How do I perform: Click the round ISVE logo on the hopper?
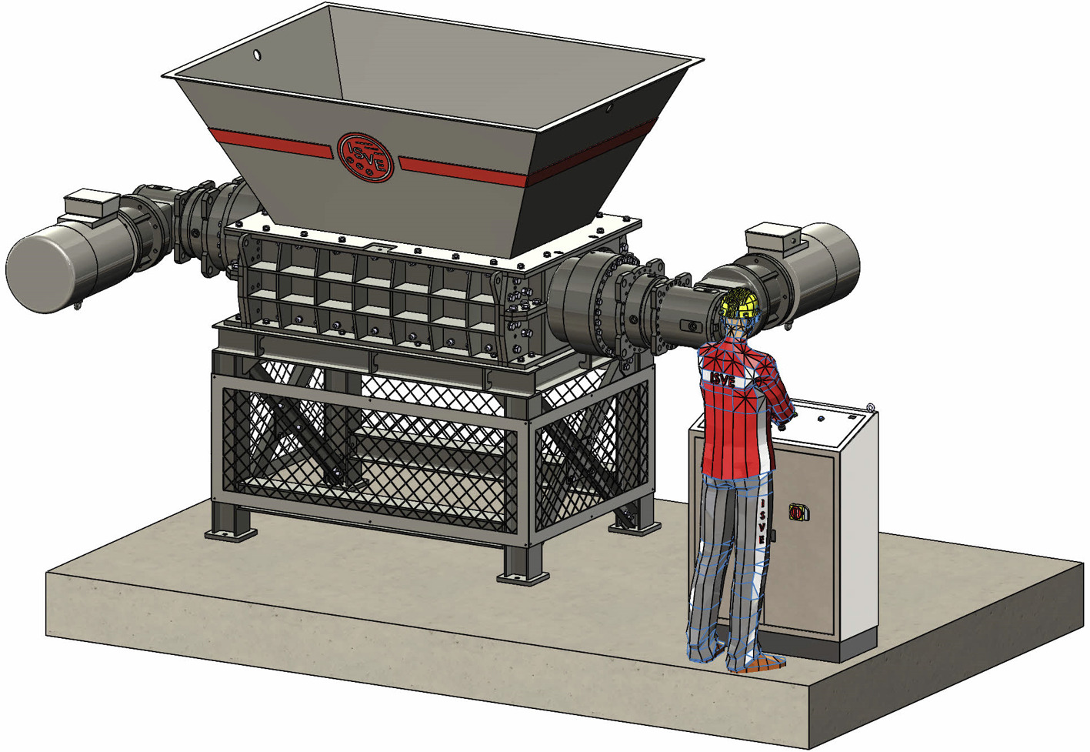point(365,158)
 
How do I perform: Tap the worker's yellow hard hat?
point(739,302)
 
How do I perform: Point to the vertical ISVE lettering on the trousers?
point(762,521)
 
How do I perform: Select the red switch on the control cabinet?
point(797,512)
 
